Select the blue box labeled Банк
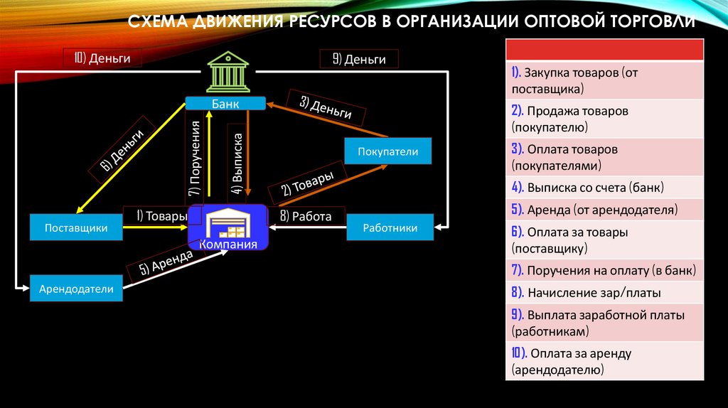pos(225,104)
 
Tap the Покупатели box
pos(387,151)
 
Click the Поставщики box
pos(76,228)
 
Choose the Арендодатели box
pos(76,289)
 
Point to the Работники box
pos(390,228)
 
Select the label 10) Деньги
pos(102,58)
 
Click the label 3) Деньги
pos(326,107)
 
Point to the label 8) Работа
pos(306,216)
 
